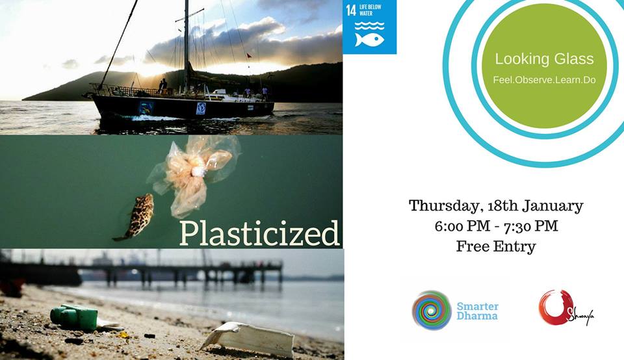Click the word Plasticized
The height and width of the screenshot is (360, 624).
pos(259,233)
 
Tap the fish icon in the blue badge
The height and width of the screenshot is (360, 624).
pos(369,40)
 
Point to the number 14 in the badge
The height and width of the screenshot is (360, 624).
pos(350,10)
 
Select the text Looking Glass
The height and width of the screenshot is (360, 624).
pos(544,59)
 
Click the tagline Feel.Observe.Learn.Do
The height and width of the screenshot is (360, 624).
pos(544,80)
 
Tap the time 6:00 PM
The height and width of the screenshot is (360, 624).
pos(462,226)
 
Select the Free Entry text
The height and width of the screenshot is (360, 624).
pos(496,246)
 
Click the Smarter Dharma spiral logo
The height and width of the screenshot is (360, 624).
pos(432,310)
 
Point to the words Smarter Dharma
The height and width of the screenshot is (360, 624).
pos(477,311)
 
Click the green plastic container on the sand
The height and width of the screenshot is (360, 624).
pos(74,317)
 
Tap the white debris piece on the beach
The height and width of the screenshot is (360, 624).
pos(249,339)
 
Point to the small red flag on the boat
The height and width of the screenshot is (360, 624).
pos(249,56)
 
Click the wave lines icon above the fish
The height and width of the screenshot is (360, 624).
pos(369,26)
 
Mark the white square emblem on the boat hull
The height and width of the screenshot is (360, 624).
pos(201,109)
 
